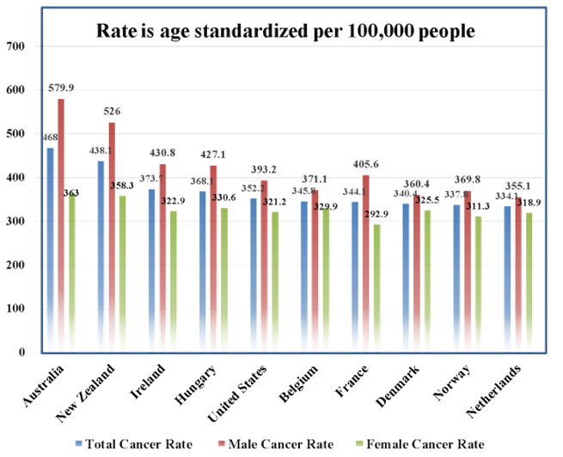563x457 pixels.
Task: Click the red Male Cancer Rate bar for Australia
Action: pyautogui.click(x=61, y=224)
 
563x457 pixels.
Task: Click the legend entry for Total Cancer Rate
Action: pyautogui.click(x=133, y=444)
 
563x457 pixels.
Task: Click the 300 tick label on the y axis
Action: pyautogui.click(x=16, y=221)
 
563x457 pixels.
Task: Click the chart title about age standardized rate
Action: pyautogui.click(x=285, y=32)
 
